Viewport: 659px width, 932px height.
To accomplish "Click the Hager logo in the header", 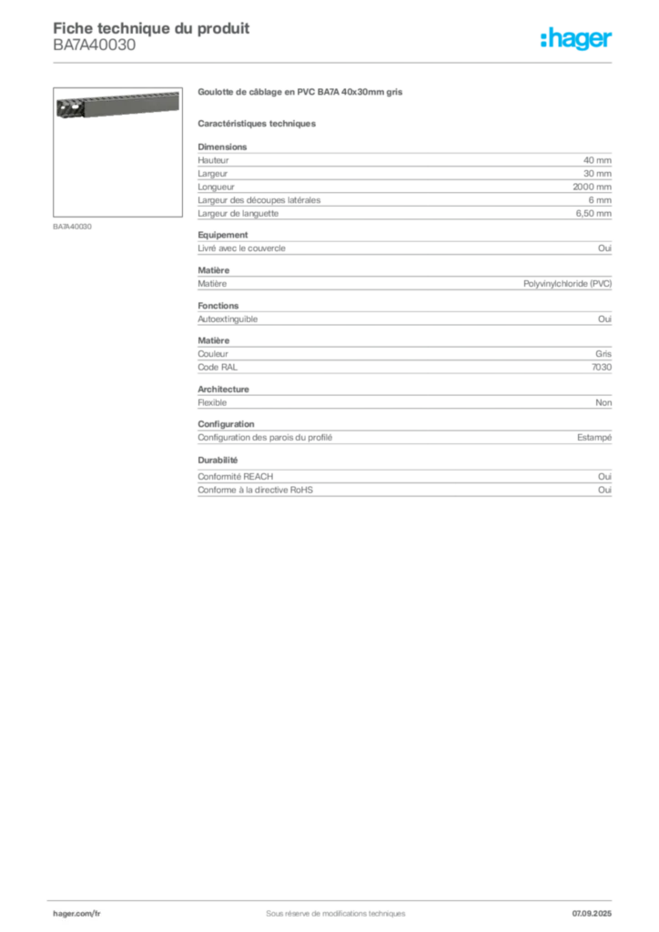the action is click(x=575, y=38).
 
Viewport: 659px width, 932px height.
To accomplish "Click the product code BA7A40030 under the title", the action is click(x=95, y=46).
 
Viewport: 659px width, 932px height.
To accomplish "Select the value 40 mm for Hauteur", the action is click(x=597, y=160).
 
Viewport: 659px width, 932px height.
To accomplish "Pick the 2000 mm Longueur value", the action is click(x=592, y=187).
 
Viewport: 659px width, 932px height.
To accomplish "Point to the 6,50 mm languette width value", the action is click(x=593, y=213).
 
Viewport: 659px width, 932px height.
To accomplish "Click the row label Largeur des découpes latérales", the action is click(x=259, y=200).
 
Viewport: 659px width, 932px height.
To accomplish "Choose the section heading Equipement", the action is click(x=223, y=235).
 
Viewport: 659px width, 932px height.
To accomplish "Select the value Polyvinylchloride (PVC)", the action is click(x=567, y=284).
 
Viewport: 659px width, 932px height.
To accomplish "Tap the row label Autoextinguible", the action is click(x=228, y=319).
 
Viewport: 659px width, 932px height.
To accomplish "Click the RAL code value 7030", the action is click(x=602, y=368).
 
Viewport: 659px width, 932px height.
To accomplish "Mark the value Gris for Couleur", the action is click(x=603, y=354).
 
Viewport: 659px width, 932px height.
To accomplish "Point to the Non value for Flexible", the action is click(x=603, y=402).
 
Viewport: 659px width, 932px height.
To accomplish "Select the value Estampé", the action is click(x=594, y=438).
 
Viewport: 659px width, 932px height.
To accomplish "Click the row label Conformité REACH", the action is click(x=236, y=477).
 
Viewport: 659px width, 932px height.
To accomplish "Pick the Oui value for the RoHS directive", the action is click(x=605, y=490).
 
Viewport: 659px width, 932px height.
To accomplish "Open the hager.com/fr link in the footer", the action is click(x=76, y=914).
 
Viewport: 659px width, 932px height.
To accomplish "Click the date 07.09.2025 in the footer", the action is click(x=592, y=914).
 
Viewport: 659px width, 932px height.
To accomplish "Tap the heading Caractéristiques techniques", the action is click(x=257, y=124).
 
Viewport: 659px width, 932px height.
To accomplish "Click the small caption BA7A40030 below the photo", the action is click(x=72, y=227).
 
